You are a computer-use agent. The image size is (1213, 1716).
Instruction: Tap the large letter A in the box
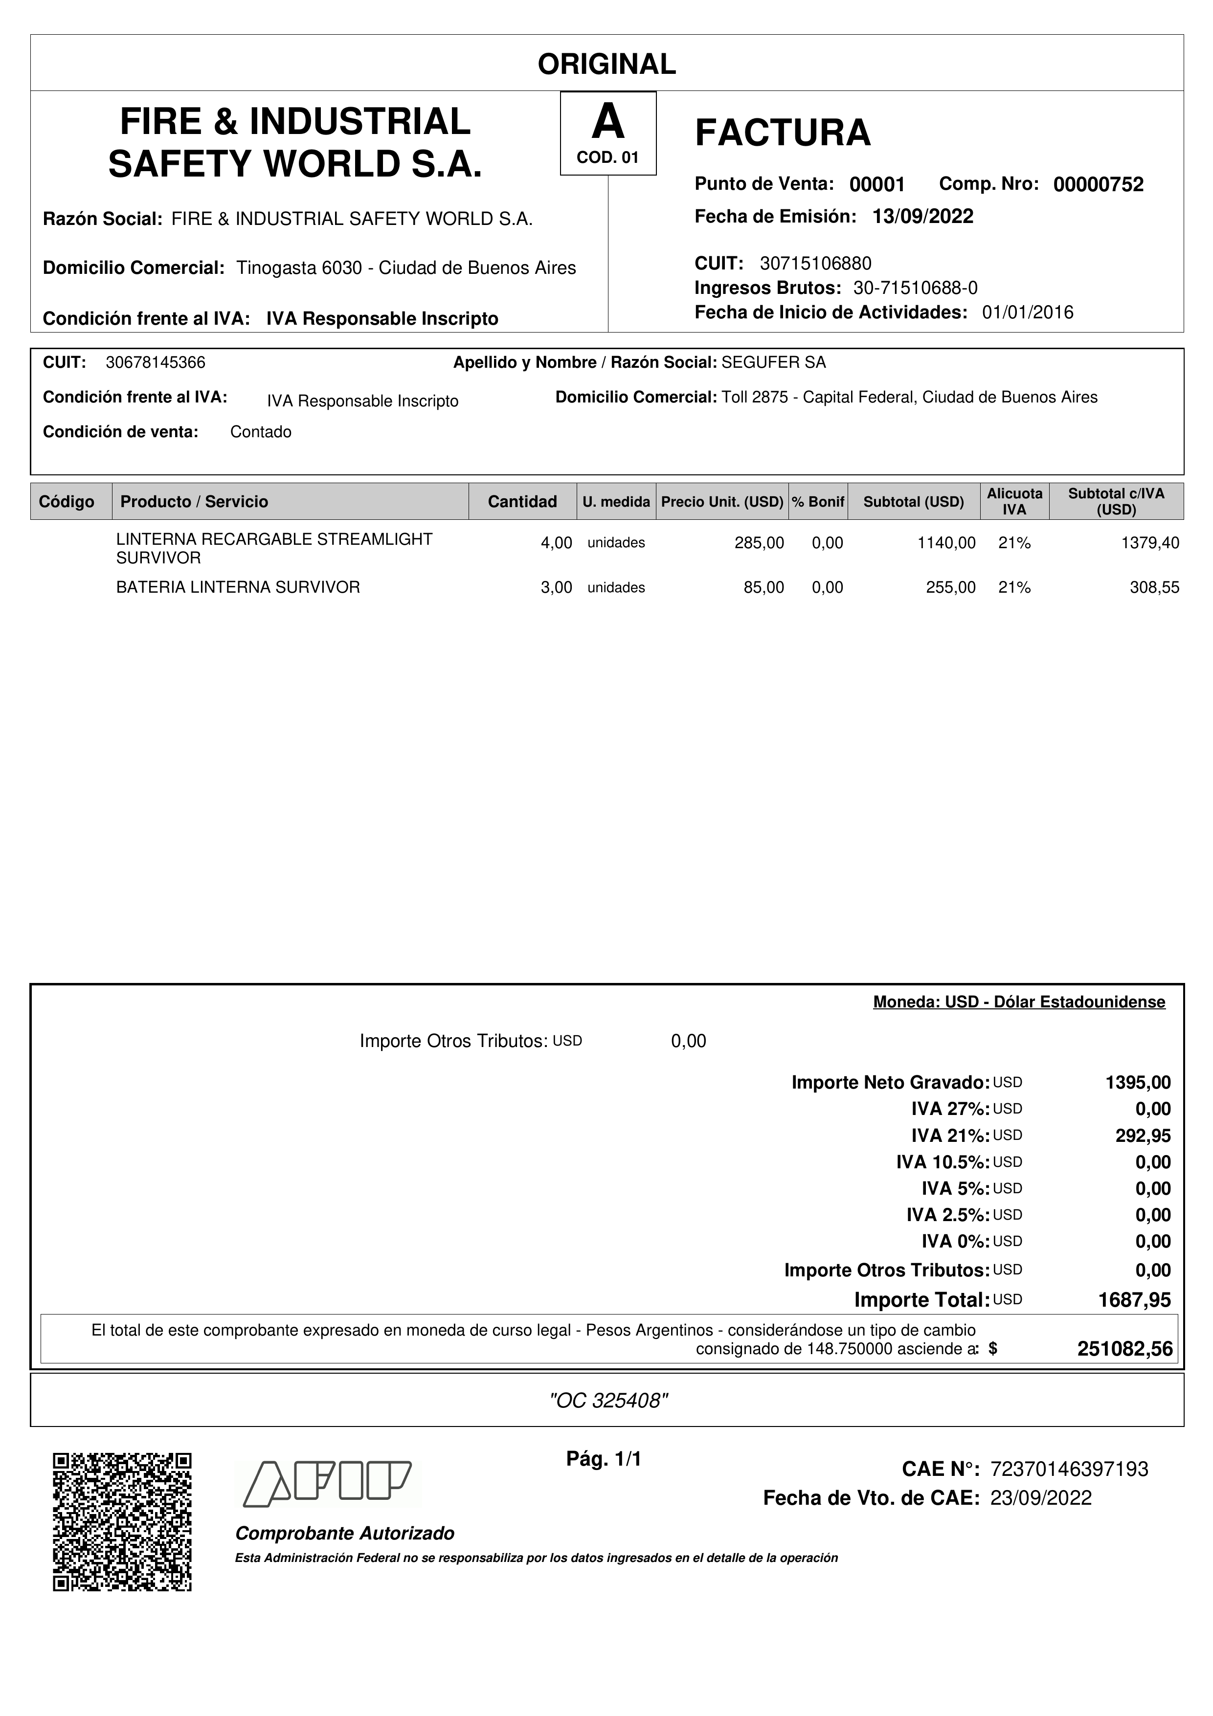(607, 122)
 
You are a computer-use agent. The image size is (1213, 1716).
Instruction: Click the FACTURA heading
(783, 133)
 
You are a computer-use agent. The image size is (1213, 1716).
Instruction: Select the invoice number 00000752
(1098, 184)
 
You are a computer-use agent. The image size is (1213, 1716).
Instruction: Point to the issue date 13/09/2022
(923, 217)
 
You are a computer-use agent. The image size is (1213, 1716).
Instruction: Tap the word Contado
(261, 432)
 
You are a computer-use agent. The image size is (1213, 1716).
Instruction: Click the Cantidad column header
(522, 501)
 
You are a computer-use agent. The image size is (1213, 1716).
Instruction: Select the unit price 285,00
(759, 543)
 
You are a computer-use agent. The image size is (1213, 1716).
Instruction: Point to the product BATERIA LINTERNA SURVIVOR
(238, 587)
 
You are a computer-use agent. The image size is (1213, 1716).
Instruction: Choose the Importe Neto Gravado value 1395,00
(1138, 1083)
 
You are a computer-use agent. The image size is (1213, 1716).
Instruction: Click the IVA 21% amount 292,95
(1143, 1136)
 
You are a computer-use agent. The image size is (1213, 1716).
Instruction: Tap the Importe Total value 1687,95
(1134, 1300)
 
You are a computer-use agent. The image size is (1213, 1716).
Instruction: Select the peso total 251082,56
(1125, 1349)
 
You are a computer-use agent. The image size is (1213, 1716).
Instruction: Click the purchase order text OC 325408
(607, 1401)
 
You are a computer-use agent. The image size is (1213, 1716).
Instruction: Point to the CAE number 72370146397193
(1069, 1470)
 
